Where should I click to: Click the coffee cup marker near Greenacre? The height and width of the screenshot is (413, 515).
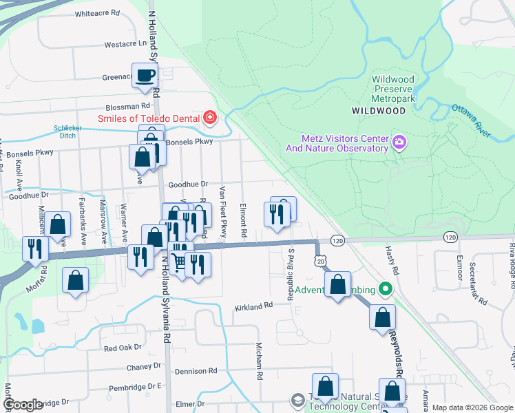[145, 76]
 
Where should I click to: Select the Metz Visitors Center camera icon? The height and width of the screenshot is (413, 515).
[399, 142]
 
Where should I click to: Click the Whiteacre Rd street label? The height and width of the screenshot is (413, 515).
[97, 13]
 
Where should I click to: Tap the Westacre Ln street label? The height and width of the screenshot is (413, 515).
[126, 44]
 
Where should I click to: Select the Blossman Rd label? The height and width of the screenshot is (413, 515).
[127, 107]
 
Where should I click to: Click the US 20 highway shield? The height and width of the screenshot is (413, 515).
[321, 260]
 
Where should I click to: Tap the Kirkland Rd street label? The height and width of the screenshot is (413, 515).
[249, 307]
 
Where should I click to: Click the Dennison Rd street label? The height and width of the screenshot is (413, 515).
[196, 371]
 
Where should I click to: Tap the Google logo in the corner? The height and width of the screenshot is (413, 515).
[23, 405]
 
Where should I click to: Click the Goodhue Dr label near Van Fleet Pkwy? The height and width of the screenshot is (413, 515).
[188, 184]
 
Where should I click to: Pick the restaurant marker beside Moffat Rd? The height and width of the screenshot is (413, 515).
[34, 248]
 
